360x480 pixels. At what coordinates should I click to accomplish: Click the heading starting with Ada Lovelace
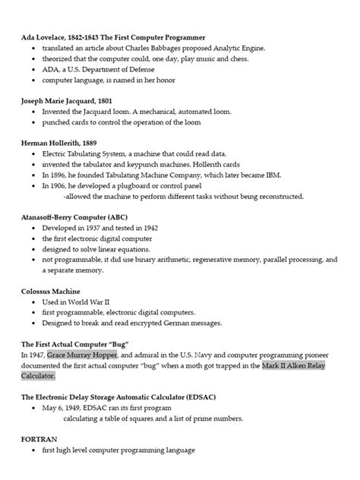click(112, 37)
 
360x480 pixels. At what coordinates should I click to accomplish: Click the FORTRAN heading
click(39, 439)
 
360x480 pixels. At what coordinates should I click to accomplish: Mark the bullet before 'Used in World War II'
click(34, 302)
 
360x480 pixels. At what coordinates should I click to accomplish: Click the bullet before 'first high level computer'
click(34, 450)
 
